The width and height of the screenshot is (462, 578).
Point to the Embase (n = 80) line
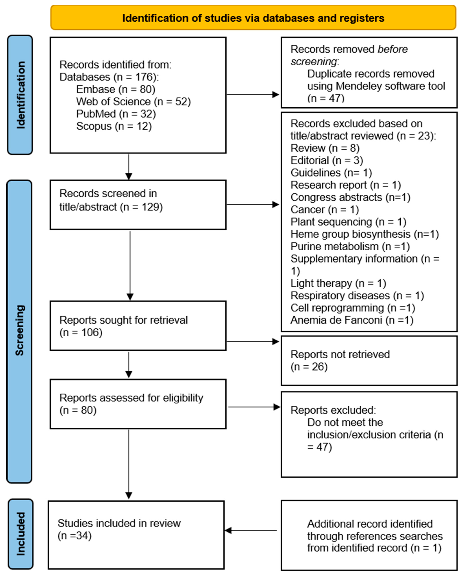pyautogui.click(x=116, y=89)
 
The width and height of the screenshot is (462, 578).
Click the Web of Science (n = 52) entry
pyautogui.click(x=133, y=102)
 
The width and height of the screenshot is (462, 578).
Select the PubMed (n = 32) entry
pyautogui.click(x=116, y=114)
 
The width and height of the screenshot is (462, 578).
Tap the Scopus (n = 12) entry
pyautogui.click(x=114, y=126)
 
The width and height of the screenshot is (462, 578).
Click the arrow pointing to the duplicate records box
pyautogui.click(x=253, y=94)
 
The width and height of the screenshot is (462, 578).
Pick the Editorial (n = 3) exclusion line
pyautogui.click(x=327, y=161)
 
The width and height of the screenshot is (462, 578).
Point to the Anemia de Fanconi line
pyautogui.click(x=352, y=320)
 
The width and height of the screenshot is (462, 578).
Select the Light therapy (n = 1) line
pyautogui.click(x=338, y=283)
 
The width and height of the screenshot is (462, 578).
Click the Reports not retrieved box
pyautogui.click(x=369, y=361)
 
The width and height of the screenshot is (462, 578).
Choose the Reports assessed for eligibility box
pyautogui.click(x=138, y=404)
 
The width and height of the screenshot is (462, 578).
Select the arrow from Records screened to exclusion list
pyautogui.click(x=253, y=205)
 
